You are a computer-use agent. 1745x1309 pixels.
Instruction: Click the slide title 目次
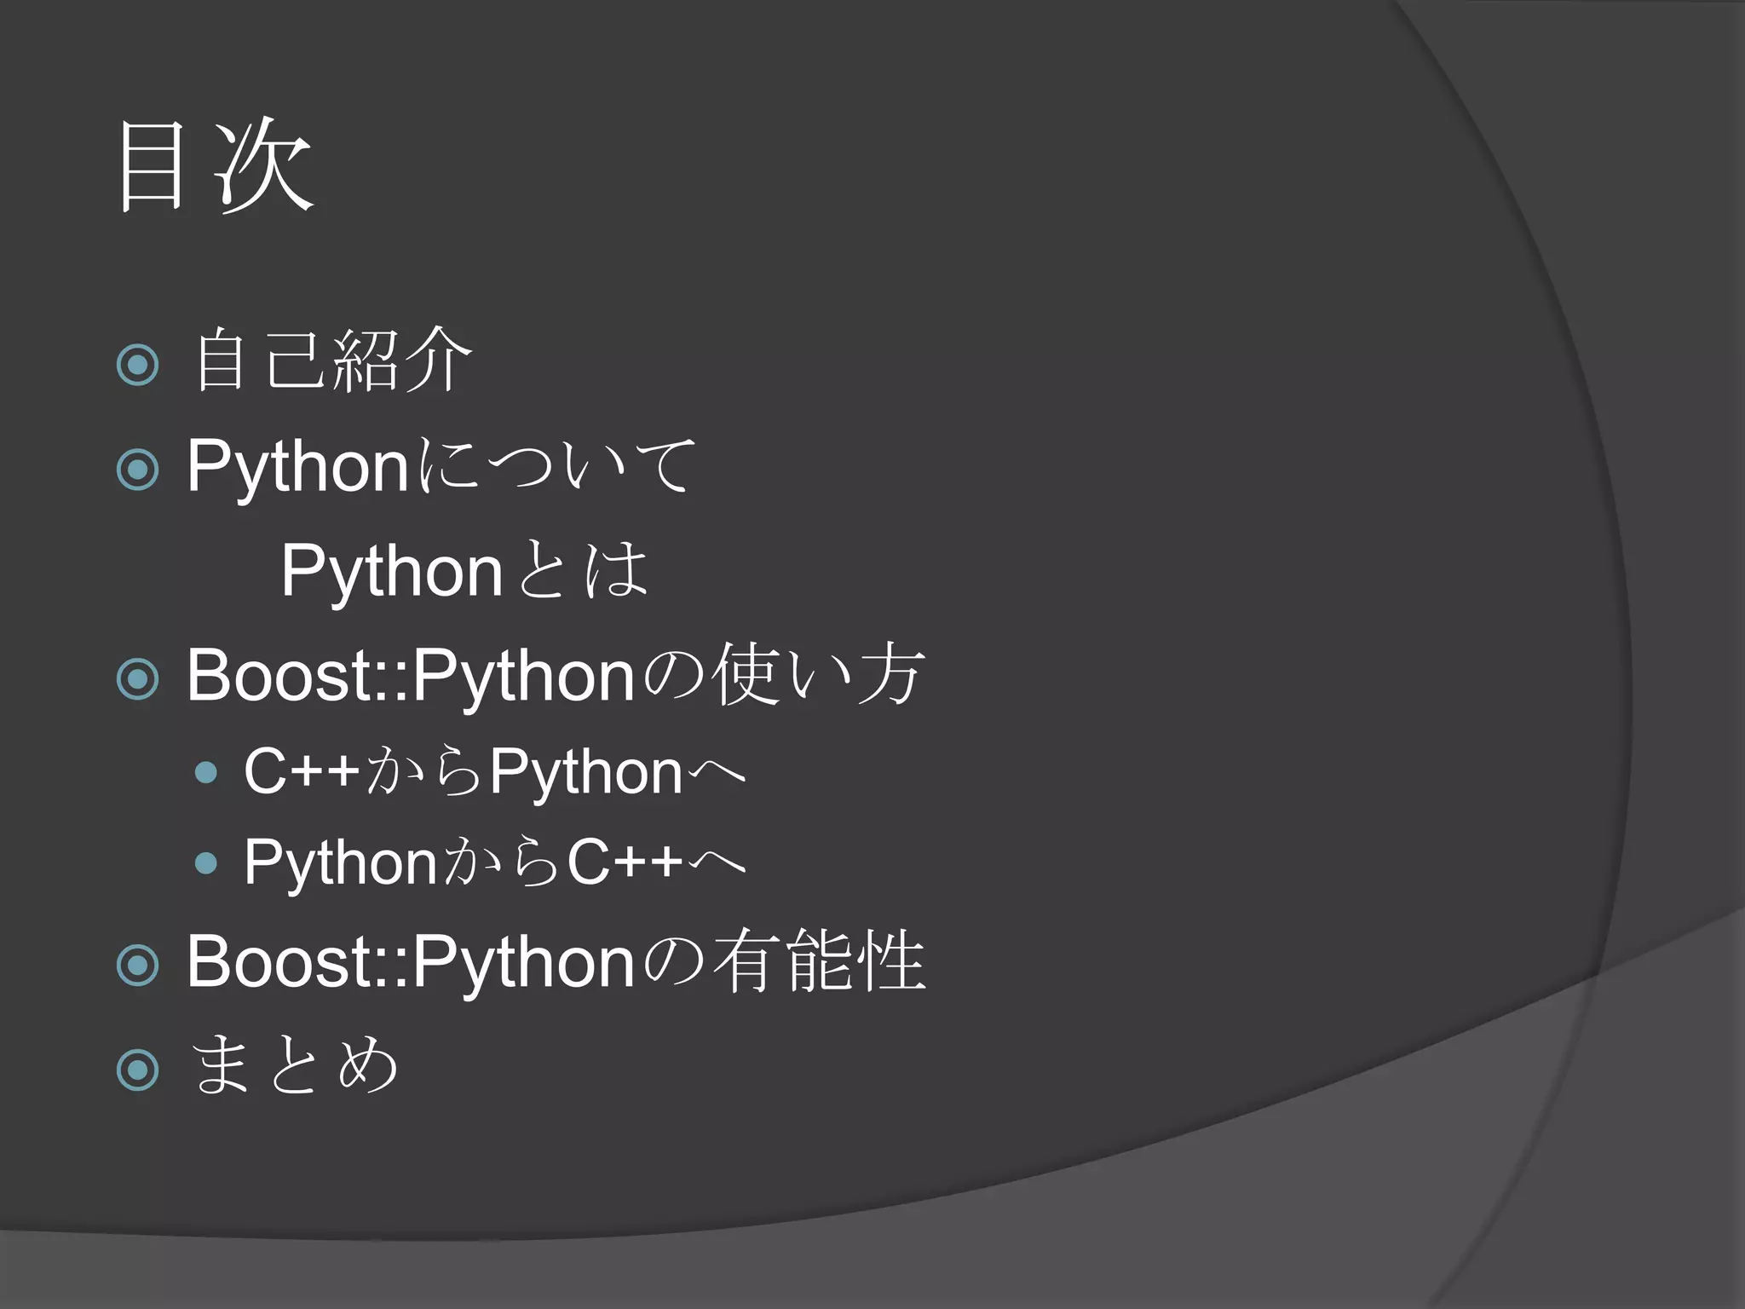(x=215, y=165)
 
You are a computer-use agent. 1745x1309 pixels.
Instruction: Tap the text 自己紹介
(x=332, y=361)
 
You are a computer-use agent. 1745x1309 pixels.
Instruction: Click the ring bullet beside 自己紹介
(x=138, y=365)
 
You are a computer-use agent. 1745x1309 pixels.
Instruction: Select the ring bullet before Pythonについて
(x=138, y=470)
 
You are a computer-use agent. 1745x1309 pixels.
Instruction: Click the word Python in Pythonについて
(x=297, y=468)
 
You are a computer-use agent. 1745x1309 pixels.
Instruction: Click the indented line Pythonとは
(x=464, y=570)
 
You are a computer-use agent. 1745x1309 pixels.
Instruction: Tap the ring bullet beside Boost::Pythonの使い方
(x=138, y=679)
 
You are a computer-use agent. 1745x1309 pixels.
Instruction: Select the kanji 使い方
(x=818, y=675)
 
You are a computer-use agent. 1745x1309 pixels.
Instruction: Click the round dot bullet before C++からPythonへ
(x=205, y=773)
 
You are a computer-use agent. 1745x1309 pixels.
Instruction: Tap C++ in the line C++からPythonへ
(x=302, y=771)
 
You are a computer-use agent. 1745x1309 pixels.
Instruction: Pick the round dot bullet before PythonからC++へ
(x=205, y=863)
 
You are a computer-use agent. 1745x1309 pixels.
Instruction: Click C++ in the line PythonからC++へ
(x=625, y=862)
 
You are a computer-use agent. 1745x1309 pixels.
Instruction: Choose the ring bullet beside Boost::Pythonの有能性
(x=138, y=965)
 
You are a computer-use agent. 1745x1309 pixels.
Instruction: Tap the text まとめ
(x=294, y=1064)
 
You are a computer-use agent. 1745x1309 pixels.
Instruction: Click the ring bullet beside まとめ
(x=138, y=1070)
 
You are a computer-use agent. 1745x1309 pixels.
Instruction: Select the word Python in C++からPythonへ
(x=586, y=772)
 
